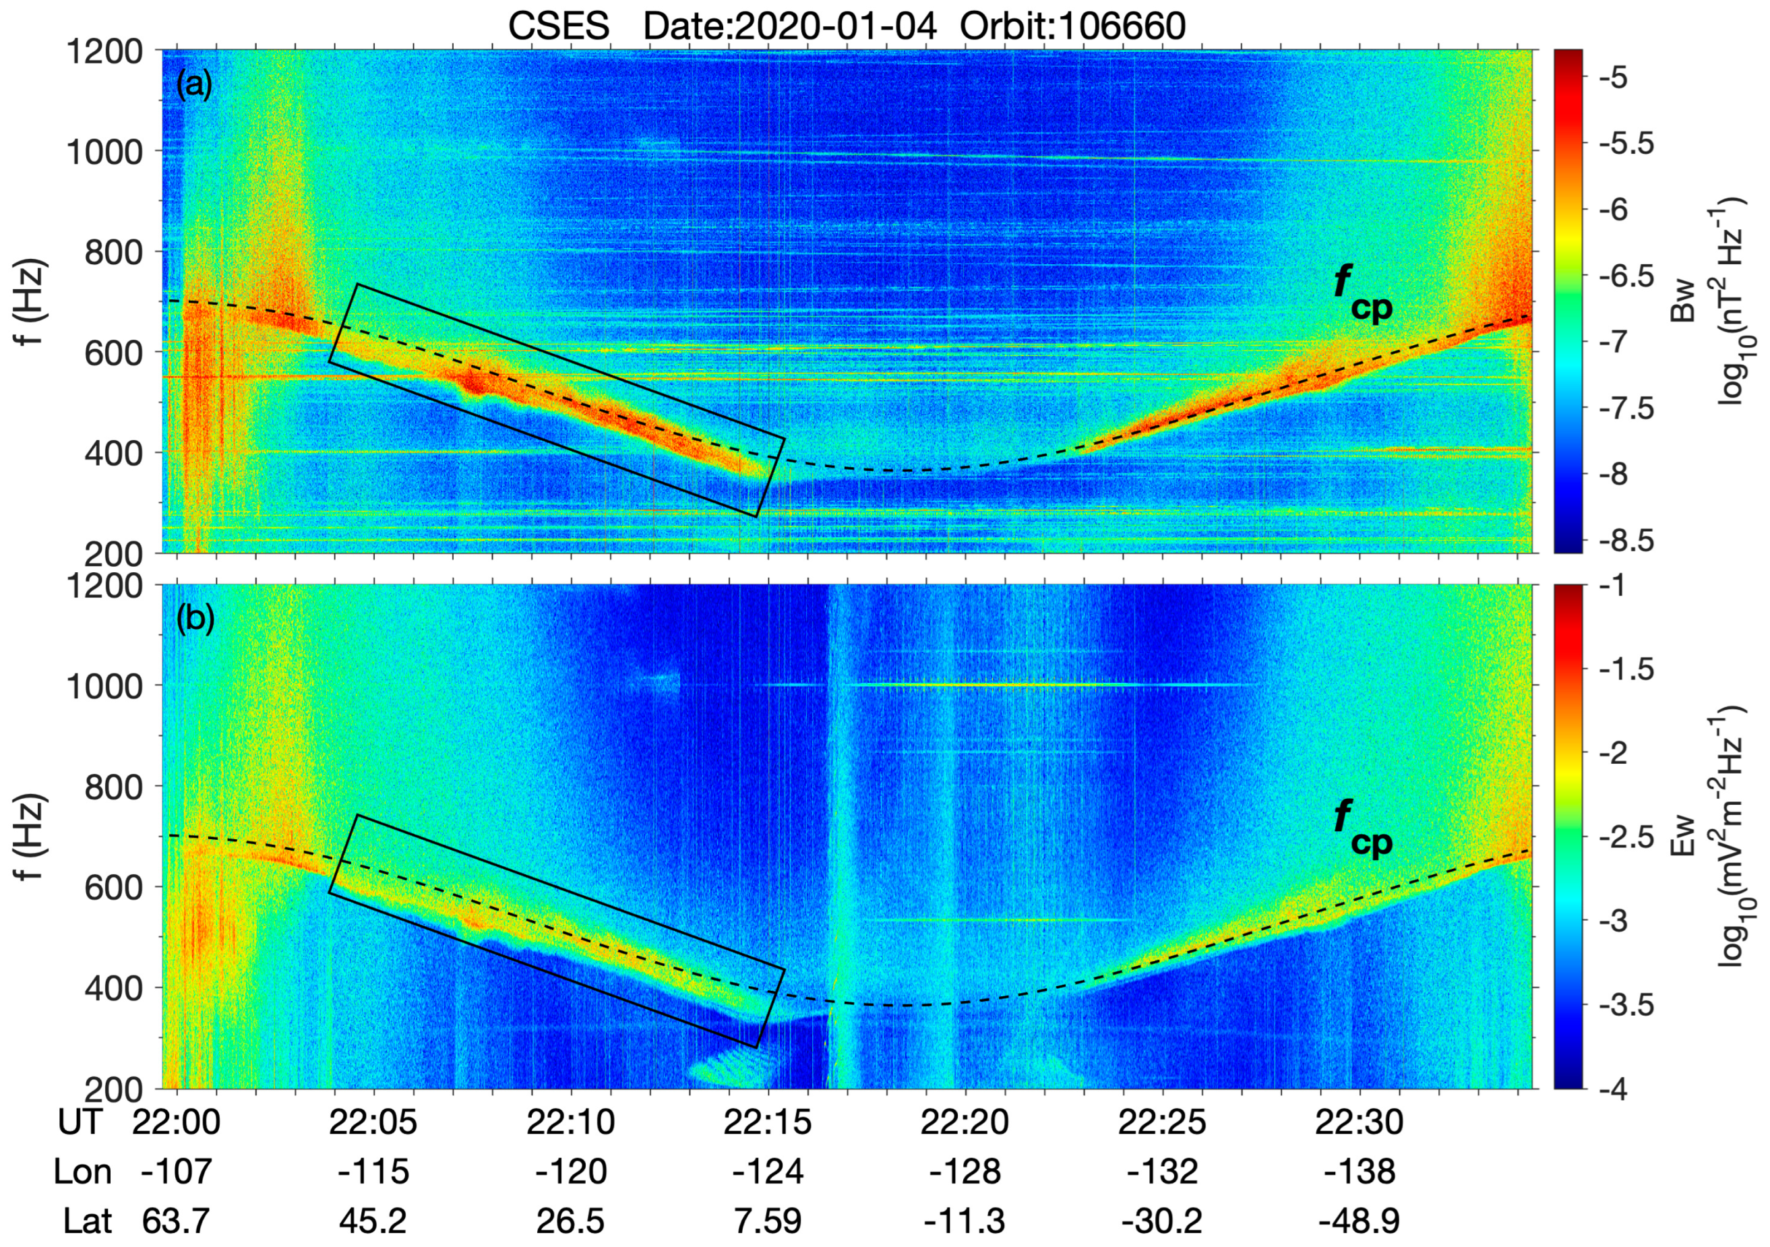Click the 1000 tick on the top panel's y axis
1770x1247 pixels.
point(106,152)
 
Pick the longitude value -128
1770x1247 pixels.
point(965,1172)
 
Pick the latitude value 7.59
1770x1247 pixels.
point(768,1221)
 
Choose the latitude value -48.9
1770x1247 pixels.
point(1359,1221)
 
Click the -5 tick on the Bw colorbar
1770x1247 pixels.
point(1618,78)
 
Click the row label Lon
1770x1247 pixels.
point(82,1172)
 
